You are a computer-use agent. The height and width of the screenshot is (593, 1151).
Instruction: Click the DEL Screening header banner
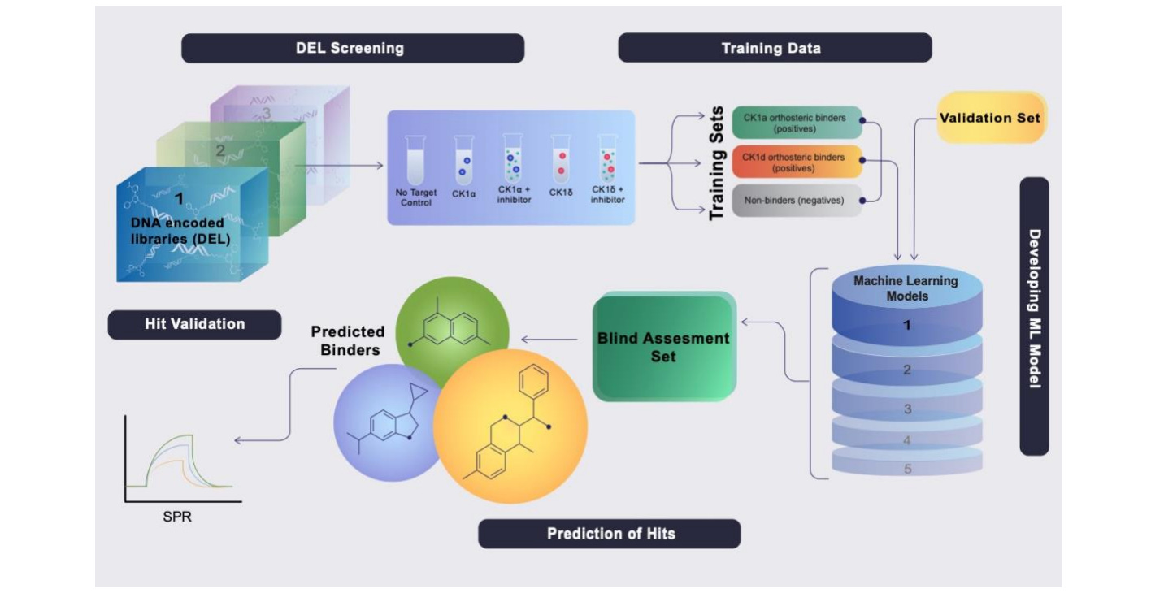click(x=352, y=48)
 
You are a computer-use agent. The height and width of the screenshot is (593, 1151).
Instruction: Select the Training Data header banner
click(x=774, y=48)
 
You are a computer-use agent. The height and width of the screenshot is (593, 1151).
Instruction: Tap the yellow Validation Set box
click(x=989, y=118)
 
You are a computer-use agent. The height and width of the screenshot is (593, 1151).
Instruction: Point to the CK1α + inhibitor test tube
click(x=513, y=158)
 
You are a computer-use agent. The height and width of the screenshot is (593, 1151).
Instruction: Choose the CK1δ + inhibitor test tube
click(x=607, y=158)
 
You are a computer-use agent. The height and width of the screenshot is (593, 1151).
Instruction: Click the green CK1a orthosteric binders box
click(x=795, y=123)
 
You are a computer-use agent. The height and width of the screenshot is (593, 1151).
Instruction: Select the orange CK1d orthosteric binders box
click(x=795, y=162)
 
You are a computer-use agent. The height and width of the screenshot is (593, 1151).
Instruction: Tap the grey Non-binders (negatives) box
click(x=795, y=200)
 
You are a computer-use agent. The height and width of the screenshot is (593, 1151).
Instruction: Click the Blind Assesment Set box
click(x=663, y=347)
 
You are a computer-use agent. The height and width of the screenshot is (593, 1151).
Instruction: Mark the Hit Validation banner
click(x=194, y=324)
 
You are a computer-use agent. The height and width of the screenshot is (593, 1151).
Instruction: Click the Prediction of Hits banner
click(x=610, y=534)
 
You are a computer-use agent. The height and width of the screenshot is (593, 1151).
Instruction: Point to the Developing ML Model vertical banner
click(x=1034, y=316)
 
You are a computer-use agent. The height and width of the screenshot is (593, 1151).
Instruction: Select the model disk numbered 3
click(x=907, y=408)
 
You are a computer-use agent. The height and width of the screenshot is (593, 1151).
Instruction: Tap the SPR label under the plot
click(x=177, y=516)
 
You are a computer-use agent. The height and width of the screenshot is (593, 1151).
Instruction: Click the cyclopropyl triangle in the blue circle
click(x=419, y=396)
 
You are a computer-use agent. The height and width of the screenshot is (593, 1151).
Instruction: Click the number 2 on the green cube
click(x=219, y=149)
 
